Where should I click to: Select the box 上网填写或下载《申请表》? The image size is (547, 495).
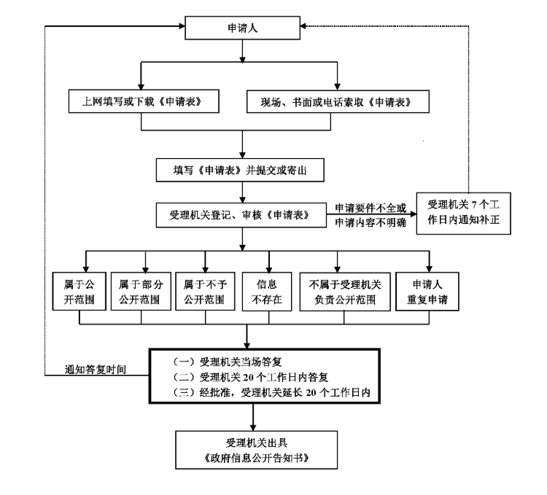pyautogui.click(x=141, y=102)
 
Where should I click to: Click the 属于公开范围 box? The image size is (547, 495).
pyautogui.click(x=79, y=292)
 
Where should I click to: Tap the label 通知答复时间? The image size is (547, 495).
pyautogui.click(x=96, y=370)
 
